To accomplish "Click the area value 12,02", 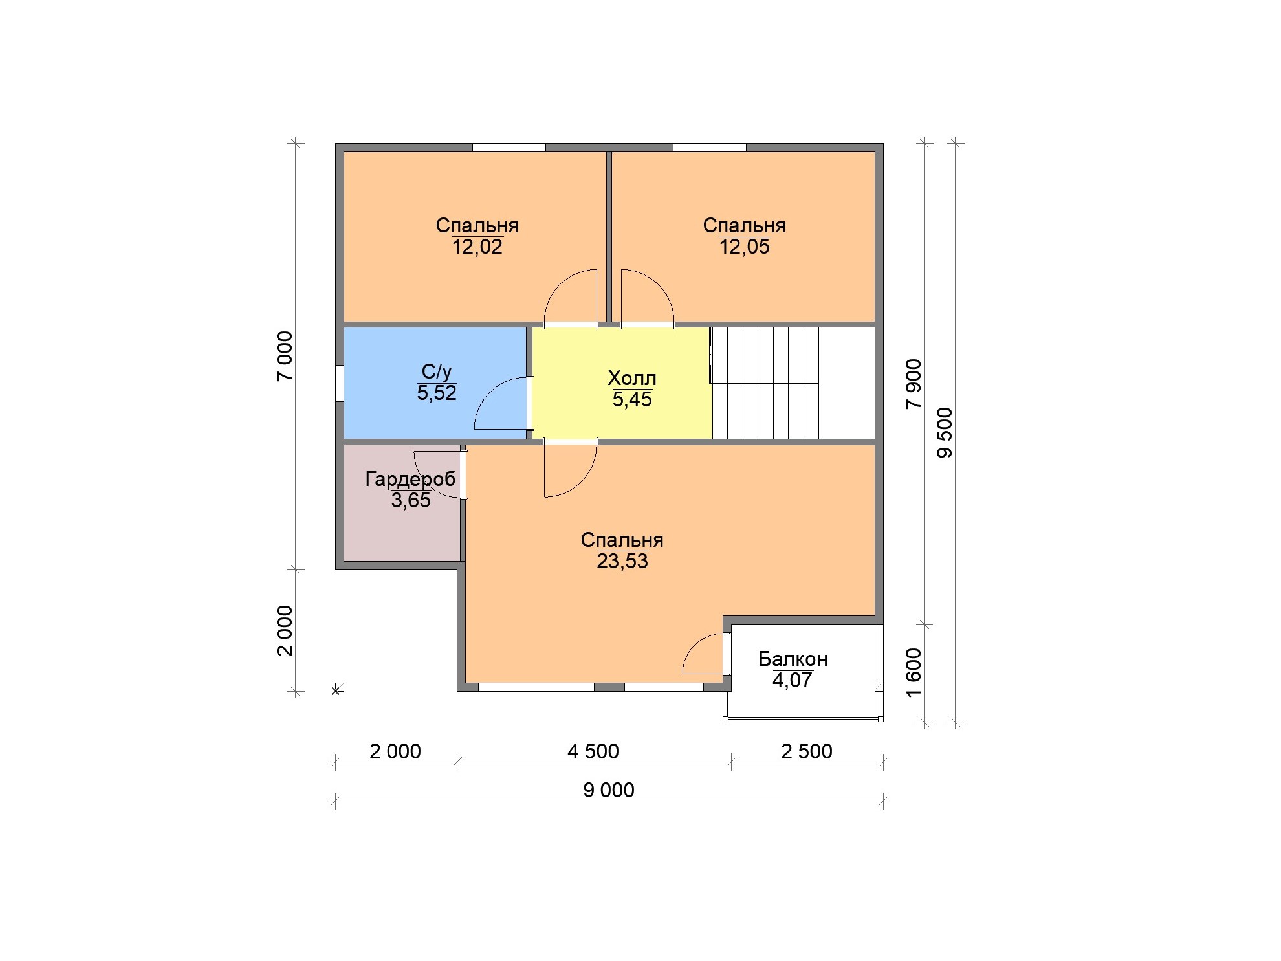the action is click(477, 247).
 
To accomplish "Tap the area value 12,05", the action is click(745, 247).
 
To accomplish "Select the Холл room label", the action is click(632, 378).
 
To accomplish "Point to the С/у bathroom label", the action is click(437, 371).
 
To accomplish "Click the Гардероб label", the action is click(410, 479).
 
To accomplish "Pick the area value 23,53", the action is click(622, 562).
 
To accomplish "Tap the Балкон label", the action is click(793, 659).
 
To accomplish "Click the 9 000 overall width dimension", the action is click(609, 790).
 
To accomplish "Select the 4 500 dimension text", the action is click(593, 751).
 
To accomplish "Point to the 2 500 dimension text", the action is click(807, 751).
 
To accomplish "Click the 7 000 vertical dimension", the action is click(285, 356).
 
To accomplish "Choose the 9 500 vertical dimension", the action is click(945, 433).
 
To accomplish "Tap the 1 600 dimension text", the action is click(914, 673).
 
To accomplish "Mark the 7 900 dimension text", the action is click(914, 384).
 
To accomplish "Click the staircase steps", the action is click(765, 383).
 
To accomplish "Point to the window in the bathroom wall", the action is click(339, 384).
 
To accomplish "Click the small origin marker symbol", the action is click(337, 689).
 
